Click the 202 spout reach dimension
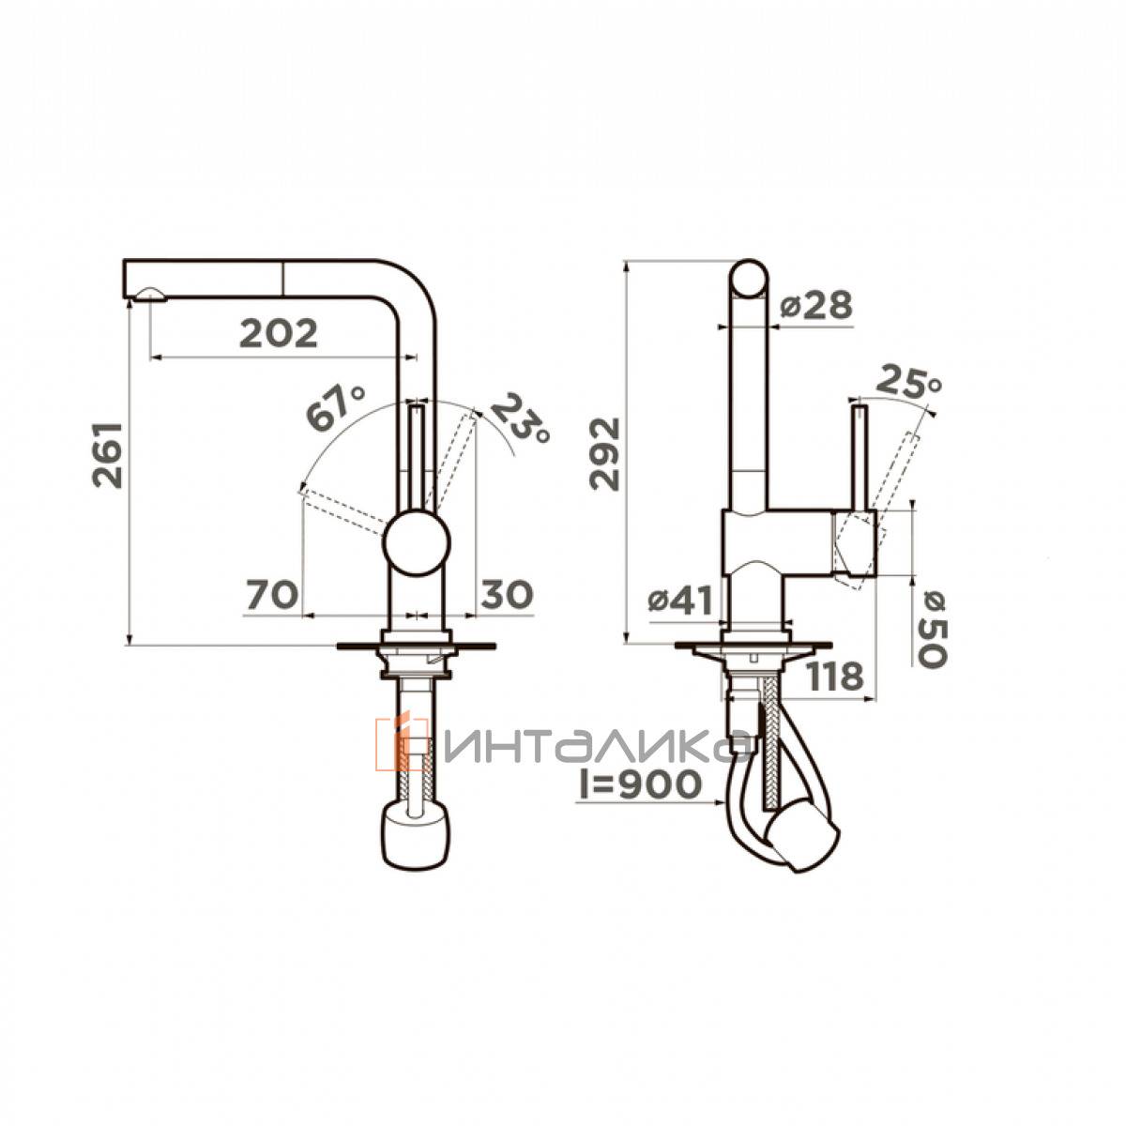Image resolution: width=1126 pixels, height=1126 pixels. (x=279, y=333)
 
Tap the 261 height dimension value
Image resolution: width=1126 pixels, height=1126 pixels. (x=108, y=454)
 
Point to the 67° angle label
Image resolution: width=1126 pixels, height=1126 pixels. (x=335, y=409)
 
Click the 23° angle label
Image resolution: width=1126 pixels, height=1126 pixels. (x=520, y=418)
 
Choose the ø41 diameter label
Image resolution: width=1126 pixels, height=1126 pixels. (x=680, y=601)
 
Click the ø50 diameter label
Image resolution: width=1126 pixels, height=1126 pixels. (x=932, y=628)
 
